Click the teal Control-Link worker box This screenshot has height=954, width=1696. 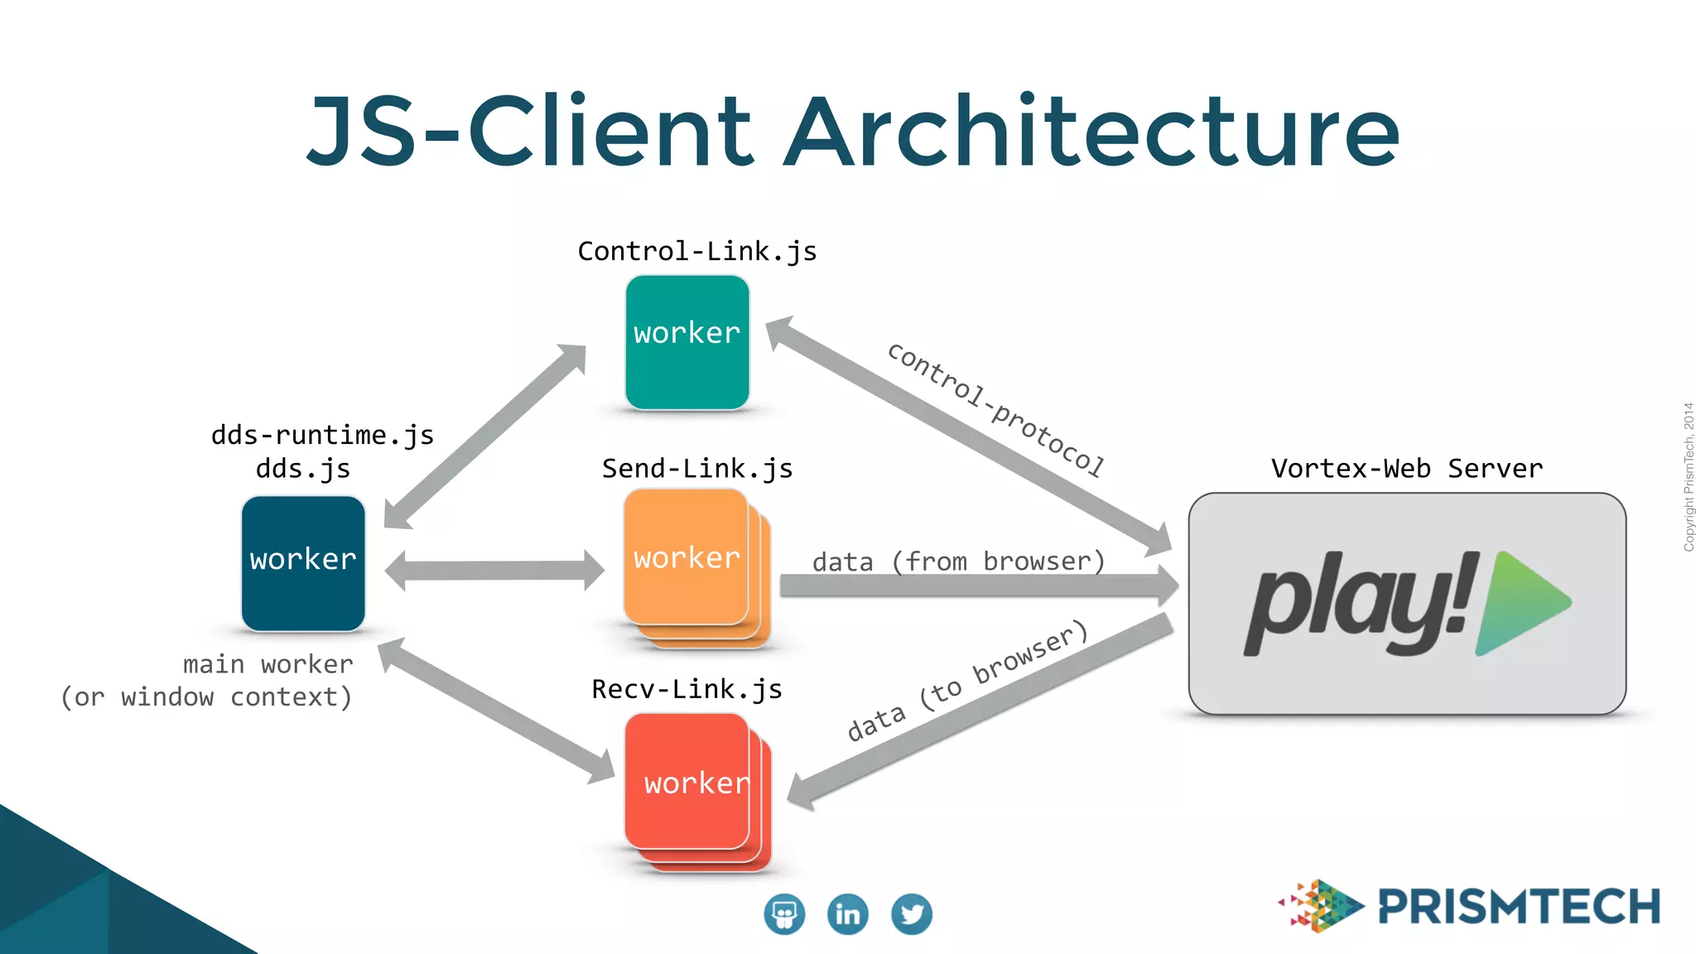click(x=687, y=342)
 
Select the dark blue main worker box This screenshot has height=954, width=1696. click(x=303, y=563)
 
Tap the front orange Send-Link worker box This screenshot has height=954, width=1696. click(x=686, y=556)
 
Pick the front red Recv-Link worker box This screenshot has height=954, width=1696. click(x=687, y=781)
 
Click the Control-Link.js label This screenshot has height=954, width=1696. click(x=696, y=251)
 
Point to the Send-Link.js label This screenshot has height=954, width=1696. click(x=696, y=469)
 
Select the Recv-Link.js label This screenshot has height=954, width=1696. click(x=687, y=689)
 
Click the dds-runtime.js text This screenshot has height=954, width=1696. click(x=322, y=435)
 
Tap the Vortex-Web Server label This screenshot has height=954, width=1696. click(x=1406, y=469)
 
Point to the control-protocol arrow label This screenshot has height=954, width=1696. click(x=995, y=410)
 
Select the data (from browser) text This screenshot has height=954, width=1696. click(x=958, y=561)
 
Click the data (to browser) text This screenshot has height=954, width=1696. click(x=966, y=680)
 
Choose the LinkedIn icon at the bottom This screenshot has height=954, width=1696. click(x=847, y=914)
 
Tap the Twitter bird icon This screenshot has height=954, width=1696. click(x=911, y=914)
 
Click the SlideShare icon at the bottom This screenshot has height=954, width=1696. click(x=783, y=914)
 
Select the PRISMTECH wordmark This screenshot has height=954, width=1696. click(x=1519, y=907)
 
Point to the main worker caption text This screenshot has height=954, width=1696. click(x=267, y=664)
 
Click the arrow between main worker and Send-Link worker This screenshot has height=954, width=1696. click(x=494, y=571)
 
